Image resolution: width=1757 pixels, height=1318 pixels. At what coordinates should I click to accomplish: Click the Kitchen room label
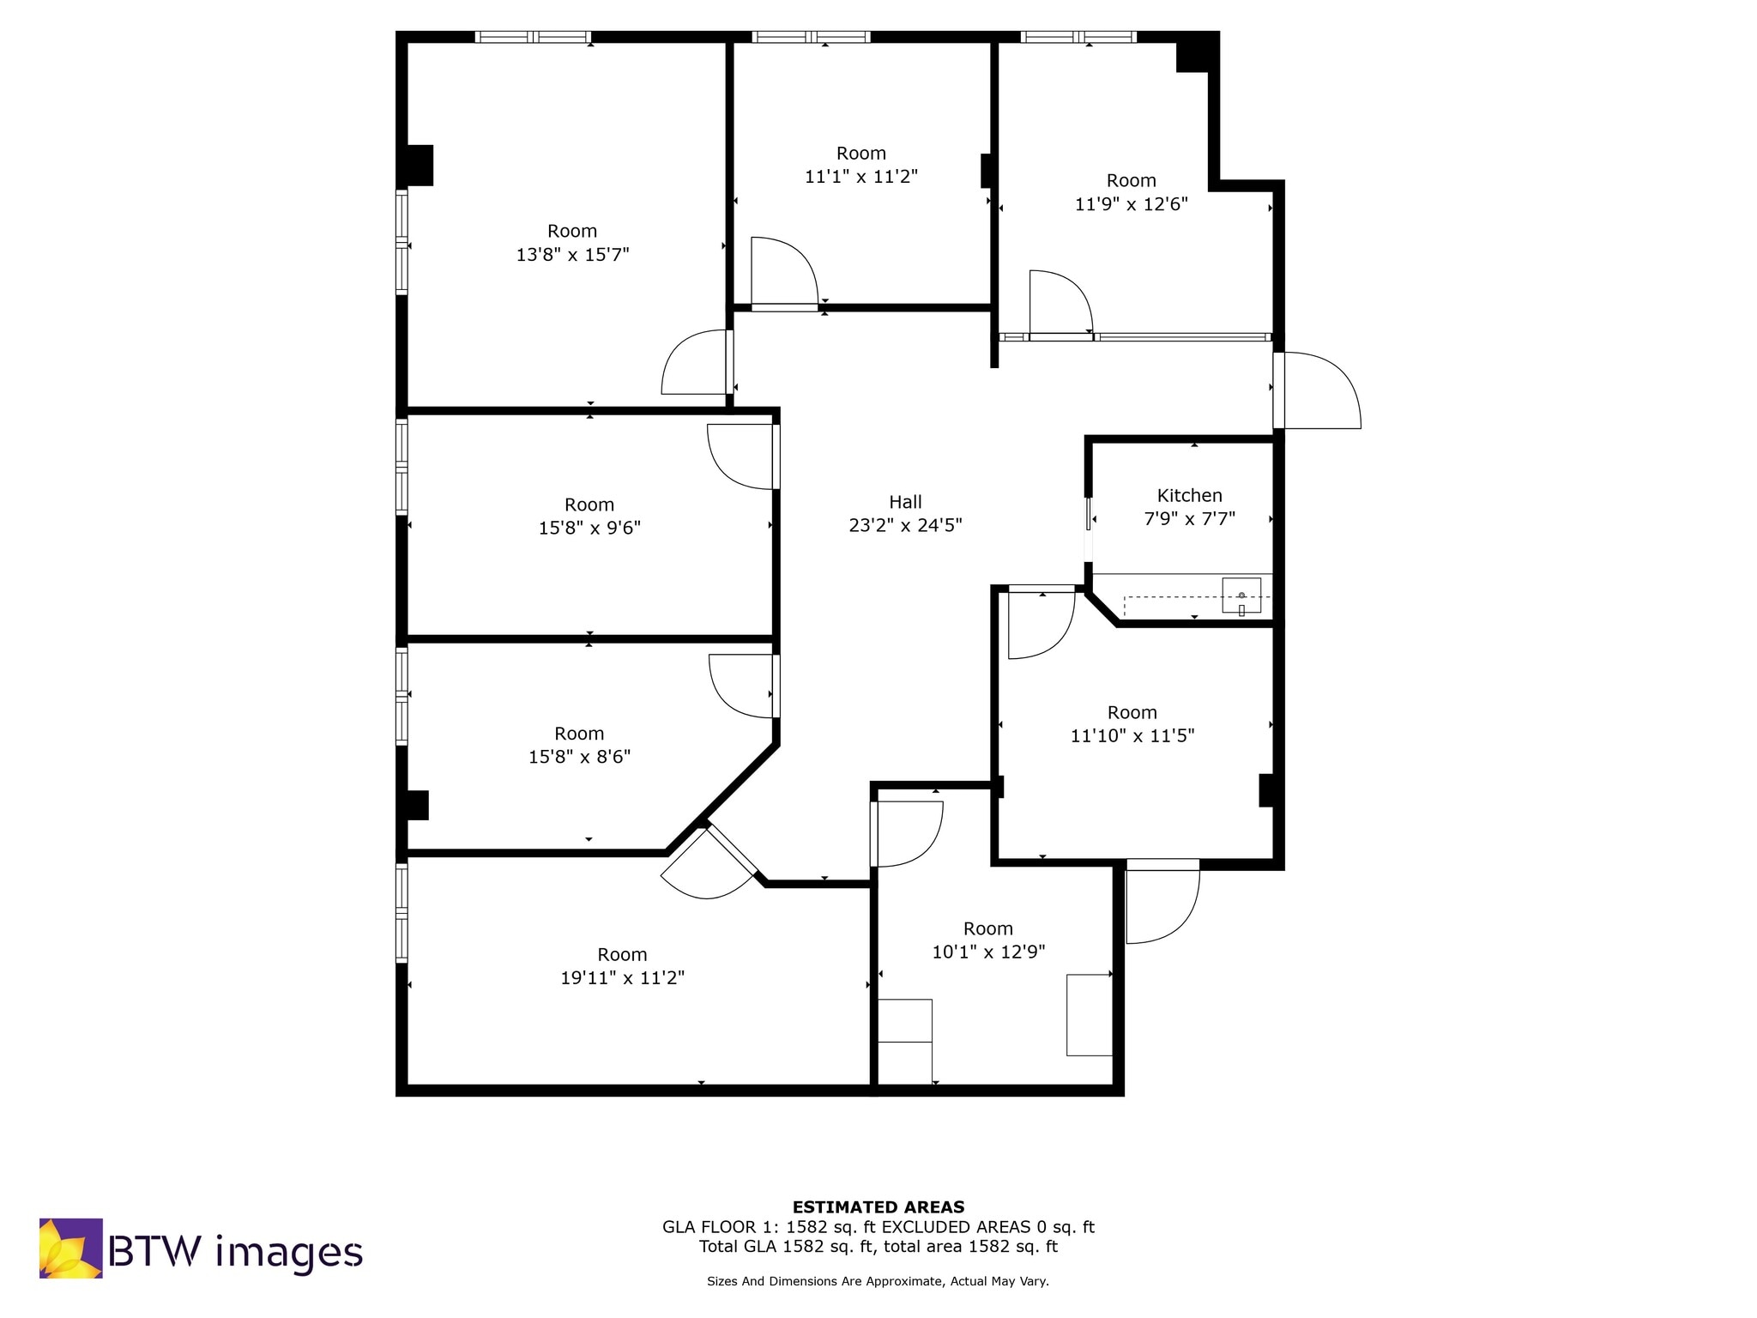pos(1189,495)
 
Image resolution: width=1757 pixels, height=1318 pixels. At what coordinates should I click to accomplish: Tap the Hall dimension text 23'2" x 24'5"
pos(905,525)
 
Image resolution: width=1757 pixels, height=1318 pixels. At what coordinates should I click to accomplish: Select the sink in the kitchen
pos(1241,596)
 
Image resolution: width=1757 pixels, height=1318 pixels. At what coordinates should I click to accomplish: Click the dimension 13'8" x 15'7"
pos(572,255)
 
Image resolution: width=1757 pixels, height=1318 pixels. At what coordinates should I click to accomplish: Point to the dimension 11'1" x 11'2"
pos(860,177)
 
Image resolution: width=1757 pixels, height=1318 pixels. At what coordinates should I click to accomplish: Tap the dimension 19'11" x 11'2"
pos(622,978)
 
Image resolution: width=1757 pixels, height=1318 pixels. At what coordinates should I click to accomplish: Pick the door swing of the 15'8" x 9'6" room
pos(740,456)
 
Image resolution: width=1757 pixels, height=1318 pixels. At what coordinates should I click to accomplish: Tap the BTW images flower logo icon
pos(70,1248)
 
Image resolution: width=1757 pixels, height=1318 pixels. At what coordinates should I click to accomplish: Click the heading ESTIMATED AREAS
pos(878,1206)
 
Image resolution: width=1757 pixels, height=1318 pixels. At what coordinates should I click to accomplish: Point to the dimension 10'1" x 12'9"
pos(988,952)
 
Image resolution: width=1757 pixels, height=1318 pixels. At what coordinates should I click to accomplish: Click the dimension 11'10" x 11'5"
pos(1132,735)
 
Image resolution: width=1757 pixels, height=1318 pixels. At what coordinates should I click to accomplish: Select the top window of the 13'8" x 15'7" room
pos(533,37)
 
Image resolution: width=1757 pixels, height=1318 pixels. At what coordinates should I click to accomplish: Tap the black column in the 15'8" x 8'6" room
pos(417,805)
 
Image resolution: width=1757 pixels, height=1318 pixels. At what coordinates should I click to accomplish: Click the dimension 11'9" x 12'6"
pos(1131,204)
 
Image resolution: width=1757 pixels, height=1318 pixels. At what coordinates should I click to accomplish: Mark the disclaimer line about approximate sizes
pos(878,1281)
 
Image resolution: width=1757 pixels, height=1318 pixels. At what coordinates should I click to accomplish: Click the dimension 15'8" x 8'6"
pos(579,757)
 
